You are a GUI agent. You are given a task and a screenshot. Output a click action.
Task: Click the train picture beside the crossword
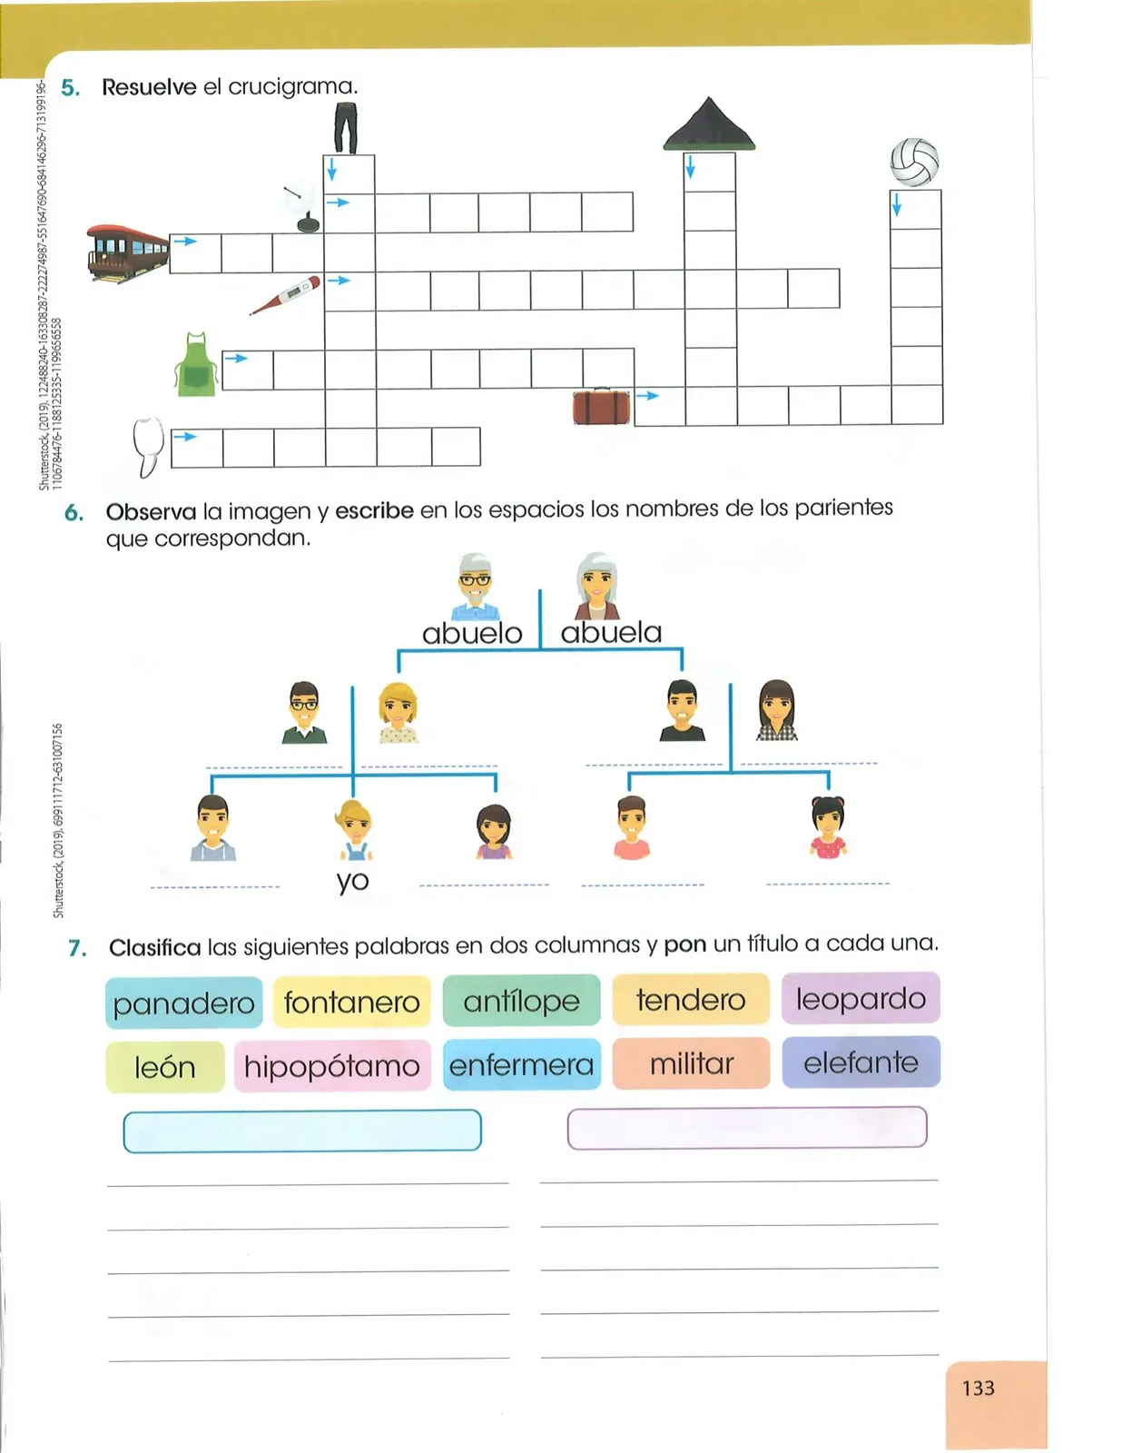point(127,253)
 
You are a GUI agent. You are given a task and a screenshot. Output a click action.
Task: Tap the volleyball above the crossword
point(914,162)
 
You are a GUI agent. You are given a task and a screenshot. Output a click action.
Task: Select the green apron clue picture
point(196,364)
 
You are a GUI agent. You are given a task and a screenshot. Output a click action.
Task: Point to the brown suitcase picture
point(602,406)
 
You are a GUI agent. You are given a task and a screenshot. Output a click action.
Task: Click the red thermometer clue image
point(285,295)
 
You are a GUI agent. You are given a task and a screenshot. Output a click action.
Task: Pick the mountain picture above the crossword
point(709,124)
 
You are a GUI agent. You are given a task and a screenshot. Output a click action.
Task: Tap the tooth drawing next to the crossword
point(148,447)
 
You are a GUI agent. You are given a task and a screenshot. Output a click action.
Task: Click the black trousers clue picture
point(346,128)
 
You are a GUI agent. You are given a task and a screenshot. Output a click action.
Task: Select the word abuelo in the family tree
point(472,633)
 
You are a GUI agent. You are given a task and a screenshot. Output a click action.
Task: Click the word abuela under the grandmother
point(611,632)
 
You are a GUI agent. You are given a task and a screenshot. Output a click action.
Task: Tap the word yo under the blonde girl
point(352,881)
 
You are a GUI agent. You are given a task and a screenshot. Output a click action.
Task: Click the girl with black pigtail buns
point(828,827)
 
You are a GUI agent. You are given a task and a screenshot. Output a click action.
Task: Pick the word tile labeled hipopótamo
point(332,1066)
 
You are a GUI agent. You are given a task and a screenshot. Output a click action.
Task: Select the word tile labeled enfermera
point(521,1064)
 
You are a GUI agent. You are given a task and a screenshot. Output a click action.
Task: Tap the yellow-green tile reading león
point(165,1067)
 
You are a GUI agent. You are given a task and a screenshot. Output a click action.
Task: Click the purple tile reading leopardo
point(861,998)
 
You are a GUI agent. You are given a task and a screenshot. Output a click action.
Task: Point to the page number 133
point(979,1389)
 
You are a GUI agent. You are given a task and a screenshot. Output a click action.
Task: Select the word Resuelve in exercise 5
point(149,87)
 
